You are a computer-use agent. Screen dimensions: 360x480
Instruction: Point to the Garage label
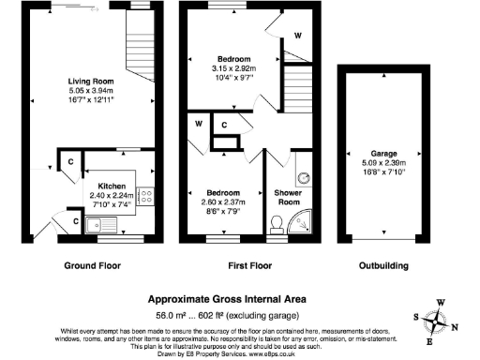click(383, 153)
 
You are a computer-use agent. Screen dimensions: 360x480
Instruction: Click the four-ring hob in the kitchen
click(146, 197)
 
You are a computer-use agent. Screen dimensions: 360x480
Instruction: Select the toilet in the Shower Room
click(277, 221)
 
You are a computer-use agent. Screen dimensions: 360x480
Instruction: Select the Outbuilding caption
click(384, 265)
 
